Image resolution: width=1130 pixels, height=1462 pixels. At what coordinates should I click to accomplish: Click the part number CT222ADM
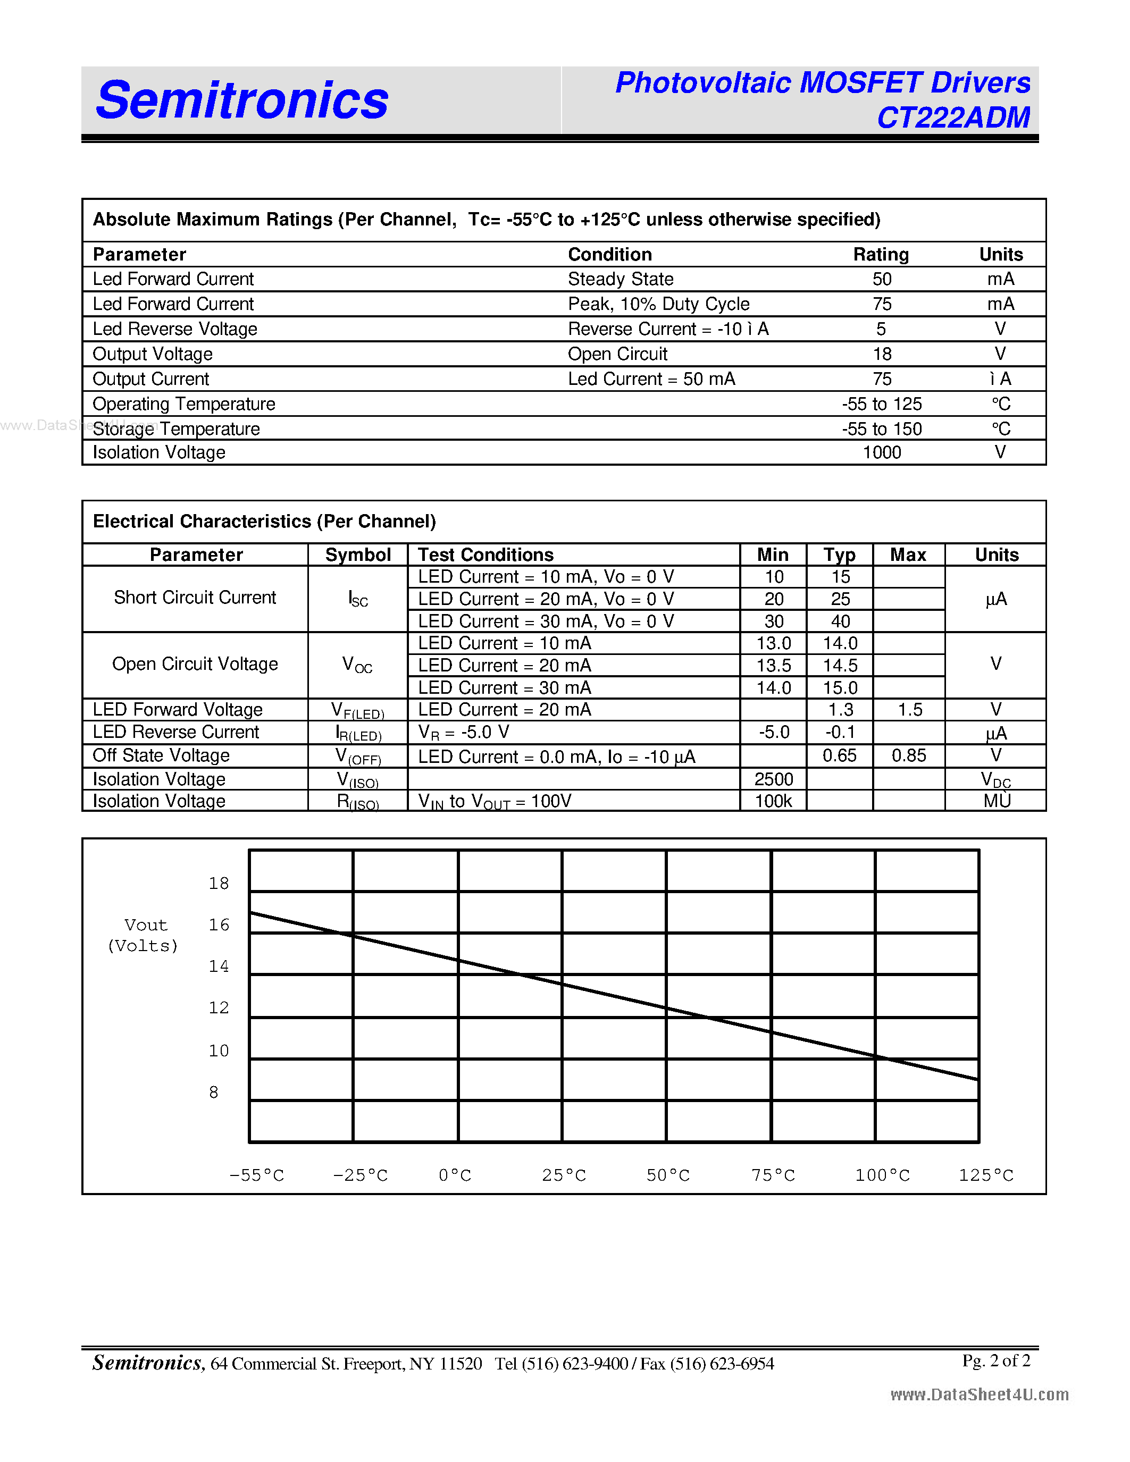tap(953, 118)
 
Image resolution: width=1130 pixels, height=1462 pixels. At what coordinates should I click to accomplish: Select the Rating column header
tap(880, 254)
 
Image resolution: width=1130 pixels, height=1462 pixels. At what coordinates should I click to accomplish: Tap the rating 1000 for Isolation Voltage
tap(882, 452)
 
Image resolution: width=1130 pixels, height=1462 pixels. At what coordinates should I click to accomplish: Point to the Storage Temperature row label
tap(176, 428)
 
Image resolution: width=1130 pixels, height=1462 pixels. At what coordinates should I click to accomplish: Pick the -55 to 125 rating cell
tap(882, 404)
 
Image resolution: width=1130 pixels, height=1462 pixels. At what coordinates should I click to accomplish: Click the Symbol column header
tap(357, 555)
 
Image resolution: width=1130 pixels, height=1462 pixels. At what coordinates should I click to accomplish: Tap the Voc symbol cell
tap(357, 665)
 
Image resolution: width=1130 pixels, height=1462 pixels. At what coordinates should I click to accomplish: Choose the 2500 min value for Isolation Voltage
tap(773, 779)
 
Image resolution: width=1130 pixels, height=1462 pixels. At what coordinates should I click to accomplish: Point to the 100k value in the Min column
tap(773, 801)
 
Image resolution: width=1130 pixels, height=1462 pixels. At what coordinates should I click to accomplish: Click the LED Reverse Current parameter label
tap(175, 733)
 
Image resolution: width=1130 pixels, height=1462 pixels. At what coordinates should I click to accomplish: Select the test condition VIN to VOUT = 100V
tap(494, 801)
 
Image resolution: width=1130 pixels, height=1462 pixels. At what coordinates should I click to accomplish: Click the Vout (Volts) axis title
tap(143, 935)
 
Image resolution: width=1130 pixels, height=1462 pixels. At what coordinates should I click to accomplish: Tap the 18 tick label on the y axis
tap(218, 884)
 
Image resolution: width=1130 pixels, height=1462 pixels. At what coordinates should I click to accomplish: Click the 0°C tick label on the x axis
tap(455, 1175)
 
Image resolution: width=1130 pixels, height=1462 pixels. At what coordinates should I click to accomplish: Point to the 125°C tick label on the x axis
tap(985, 1175)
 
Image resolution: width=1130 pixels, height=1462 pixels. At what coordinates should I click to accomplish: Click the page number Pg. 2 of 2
tap(995, 1360)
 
